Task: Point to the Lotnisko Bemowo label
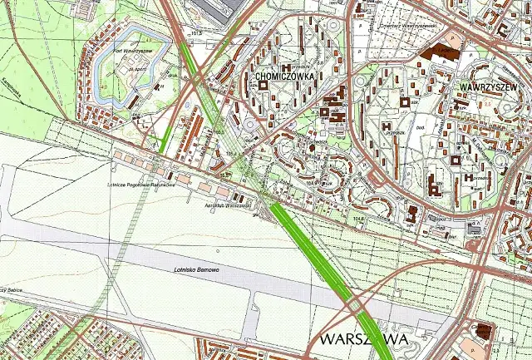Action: click(196, 271)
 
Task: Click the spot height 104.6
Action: click(358, 219)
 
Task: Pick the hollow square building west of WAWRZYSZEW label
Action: click(405, 101)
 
